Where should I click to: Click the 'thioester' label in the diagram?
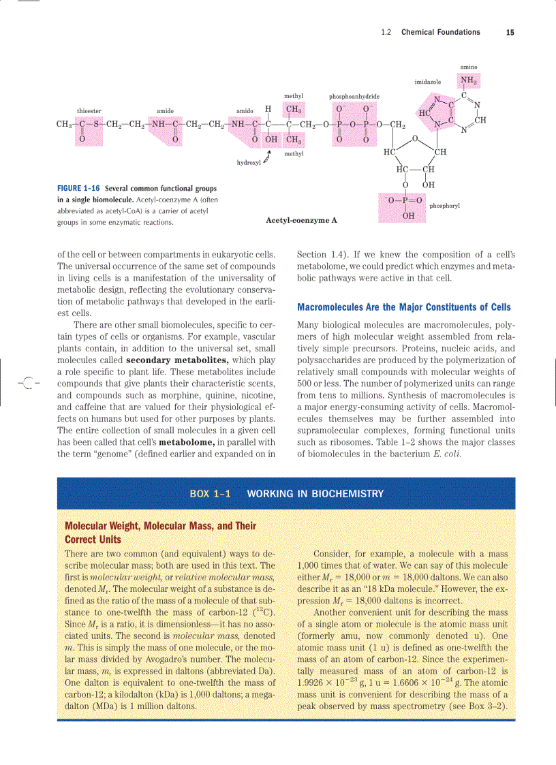click(89, 110)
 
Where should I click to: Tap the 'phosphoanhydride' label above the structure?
click(354, 97)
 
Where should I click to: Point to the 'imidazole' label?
click(427, 82)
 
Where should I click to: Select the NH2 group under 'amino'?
click(468, 80)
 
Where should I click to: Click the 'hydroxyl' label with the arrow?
click(248, 163)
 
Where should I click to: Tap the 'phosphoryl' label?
click(444, 206)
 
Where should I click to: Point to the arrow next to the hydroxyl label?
click(267, 159)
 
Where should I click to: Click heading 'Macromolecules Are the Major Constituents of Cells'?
click(404, 307)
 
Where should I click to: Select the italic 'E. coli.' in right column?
click(447, 454)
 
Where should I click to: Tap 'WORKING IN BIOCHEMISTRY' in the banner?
click(315, 494)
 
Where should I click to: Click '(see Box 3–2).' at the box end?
click(478, 706)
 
